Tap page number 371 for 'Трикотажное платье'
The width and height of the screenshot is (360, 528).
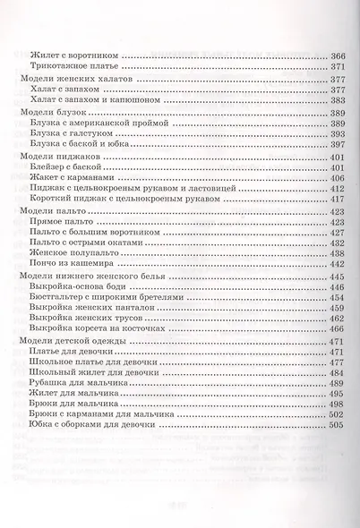(339, 68)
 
